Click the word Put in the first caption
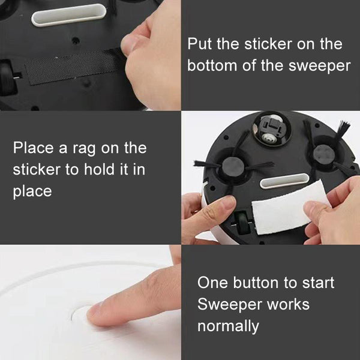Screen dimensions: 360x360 point(200,45)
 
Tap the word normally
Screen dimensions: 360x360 point(229,326)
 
